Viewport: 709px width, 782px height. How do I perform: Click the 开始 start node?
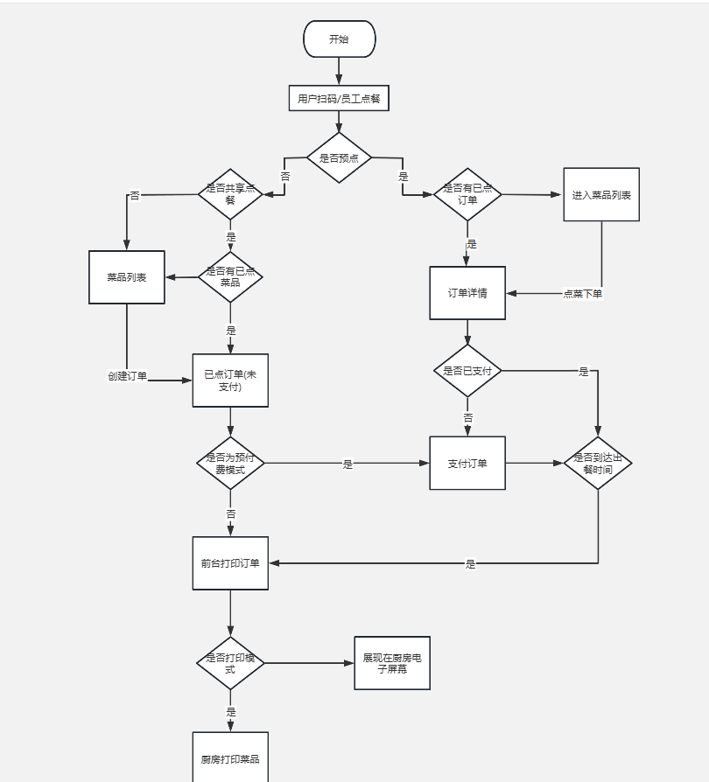(x=339, y=39)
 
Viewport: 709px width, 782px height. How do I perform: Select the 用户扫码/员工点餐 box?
(x=339, y=99)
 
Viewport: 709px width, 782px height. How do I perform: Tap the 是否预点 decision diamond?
(x=339, y=158)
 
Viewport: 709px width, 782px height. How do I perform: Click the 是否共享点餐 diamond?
(x=230, y=194)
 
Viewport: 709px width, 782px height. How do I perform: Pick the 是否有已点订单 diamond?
(x=467, y=194)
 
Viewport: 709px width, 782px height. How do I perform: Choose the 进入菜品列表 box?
(x=601, y=194)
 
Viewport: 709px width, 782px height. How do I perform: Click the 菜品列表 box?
(x=127, y=277)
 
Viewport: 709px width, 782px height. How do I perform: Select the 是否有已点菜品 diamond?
(x=230, y=277)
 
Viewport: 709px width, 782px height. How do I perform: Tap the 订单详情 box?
(x=467, y=293)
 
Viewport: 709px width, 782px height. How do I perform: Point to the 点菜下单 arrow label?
(x=582, y=294)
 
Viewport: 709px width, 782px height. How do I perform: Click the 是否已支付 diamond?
(x=467, y=371)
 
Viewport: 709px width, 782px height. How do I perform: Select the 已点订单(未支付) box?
(x=230, y=381)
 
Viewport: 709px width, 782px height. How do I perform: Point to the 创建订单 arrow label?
(x=128, y=376)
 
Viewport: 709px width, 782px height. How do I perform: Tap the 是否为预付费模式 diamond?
(x=230, y=464)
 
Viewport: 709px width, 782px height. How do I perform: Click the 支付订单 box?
(x=467, y=463)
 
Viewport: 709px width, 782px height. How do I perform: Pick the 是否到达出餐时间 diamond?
(x=598, y=464)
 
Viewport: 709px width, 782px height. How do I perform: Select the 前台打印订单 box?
(x=230, y=563)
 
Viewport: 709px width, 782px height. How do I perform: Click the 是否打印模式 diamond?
(x=230, y=663)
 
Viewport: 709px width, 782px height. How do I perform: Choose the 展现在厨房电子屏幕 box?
(x=392, y=663)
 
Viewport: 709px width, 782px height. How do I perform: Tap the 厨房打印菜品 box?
(x=230, y=758)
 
